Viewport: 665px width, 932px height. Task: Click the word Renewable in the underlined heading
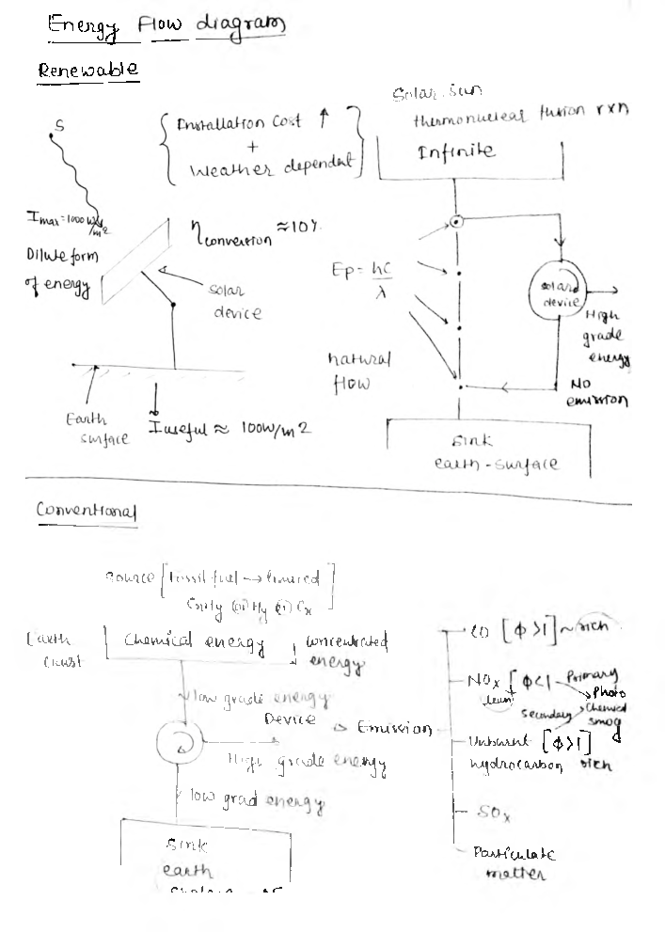(88, 71)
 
